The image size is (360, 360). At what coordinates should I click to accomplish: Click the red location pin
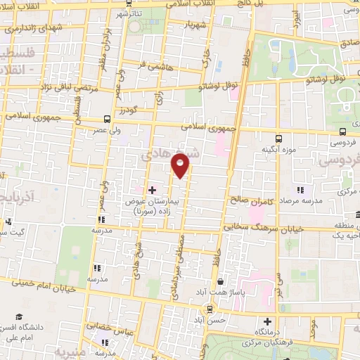click(181, 165)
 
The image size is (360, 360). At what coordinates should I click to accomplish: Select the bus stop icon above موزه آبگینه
click(278, 138)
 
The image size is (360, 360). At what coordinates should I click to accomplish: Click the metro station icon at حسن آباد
click(210, 309)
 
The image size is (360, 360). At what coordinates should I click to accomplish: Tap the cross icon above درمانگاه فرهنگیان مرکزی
click(266, 321)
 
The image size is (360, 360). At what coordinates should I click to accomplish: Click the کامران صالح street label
click(247, 200)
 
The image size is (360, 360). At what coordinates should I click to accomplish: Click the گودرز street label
click(126, 110)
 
